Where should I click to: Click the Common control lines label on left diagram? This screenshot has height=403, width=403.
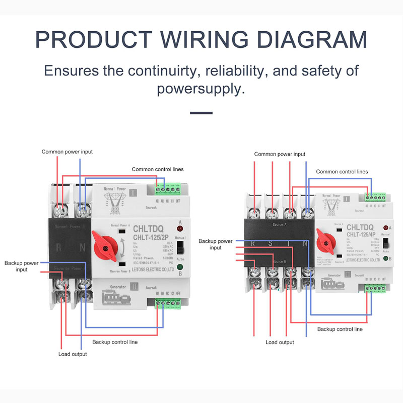(x=158, y=169)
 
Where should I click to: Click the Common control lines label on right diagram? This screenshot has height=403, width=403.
(x=342, y=172)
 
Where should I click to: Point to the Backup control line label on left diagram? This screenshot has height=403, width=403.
(x=115, y=342)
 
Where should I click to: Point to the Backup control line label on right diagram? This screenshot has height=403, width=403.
(x=340, y=329)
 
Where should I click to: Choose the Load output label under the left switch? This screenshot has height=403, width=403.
(x=73, y=354)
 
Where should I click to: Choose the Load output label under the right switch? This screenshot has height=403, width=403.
(x=280, y=343)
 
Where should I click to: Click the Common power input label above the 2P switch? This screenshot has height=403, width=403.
(x=67, y=152)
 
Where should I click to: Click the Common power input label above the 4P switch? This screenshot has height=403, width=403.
(x=280, y=154)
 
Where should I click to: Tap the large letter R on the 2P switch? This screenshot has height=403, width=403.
(x=59, y=246)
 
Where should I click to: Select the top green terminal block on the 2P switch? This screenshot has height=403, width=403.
(x=168, y=189)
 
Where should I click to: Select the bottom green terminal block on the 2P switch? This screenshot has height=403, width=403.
(x=168, y=303)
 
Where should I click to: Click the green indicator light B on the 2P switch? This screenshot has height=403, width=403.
(x=180, y=267)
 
